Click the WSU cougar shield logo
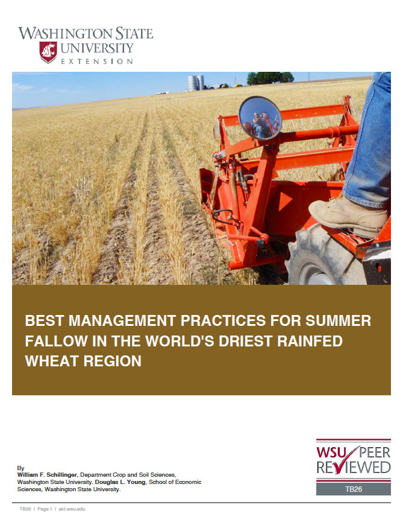pyautogui.click(x=48, y=52)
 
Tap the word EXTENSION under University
pyautogui.click(x=97, y=62)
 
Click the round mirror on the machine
pyautogui.click(x=260, y=118)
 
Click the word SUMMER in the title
pyautogui.click(x=337, y=320)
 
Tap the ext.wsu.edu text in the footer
pyautogui.click(x=72, y=509)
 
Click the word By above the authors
pyautogui.click(x=21, y=468)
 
